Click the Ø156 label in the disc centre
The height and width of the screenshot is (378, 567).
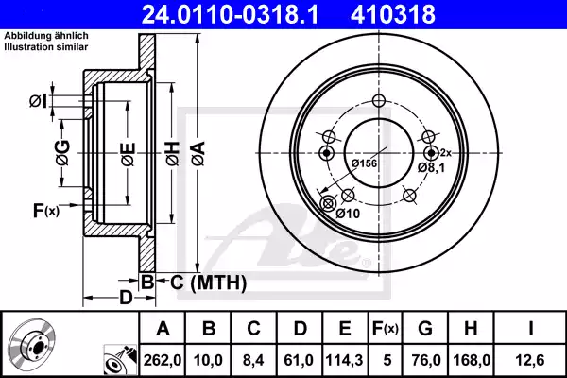tap(364, 164)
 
